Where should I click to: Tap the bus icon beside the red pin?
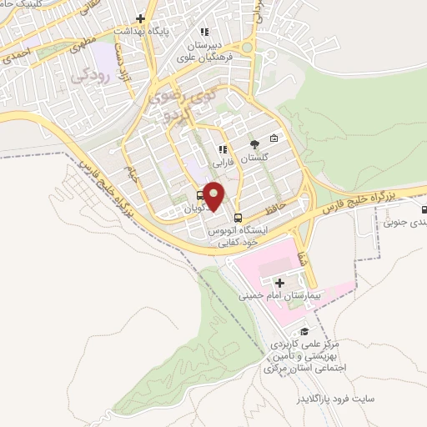(x=188, y=197)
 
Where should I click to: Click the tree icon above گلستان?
(x=254, y=143)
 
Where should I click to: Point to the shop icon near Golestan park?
(x=274, y=138)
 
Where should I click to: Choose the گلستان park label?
(x=255, y=157)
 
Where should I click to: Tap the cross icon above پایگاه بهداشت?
(x=142, y=18)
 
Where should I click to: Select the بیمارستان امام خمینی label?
(x=275, y=295)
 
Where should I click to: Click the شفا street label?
(x=302, y=237)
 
